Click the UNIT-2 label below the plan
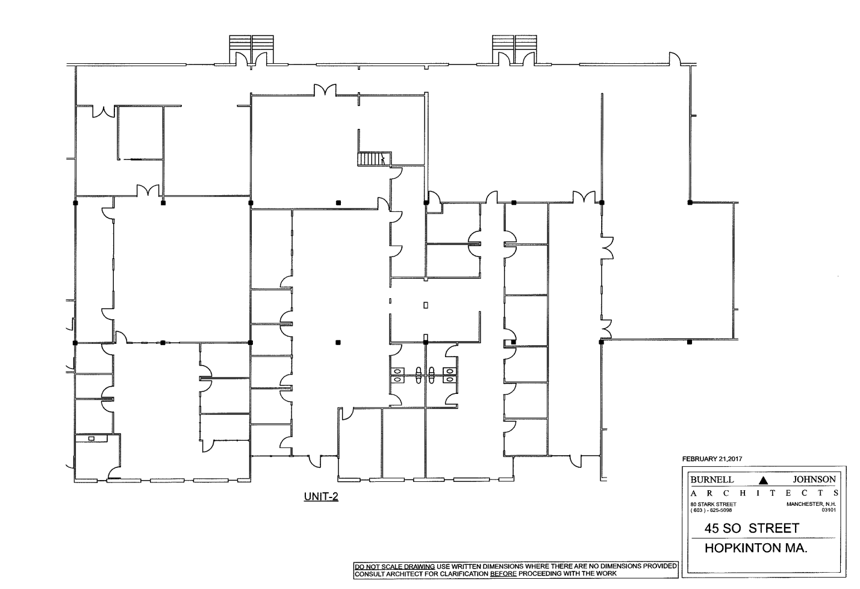click(321, 496)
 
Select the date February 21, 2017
click(712, 459)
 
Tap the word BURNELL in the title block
click(712, 479)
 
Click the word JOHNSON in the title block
click(814, 479)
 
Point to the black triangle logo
click(763, 480)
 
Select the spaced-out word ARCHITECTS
click(764, 493)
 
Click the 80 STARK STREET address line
click(713, 504)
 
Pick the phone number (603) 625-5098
click(711, 510)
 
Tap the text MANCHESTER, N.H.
click(811, 504)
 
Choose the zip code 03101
click(829, 510)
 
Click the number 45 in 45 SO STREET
click(711, 528)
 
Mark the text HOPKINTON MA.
click(756, 548)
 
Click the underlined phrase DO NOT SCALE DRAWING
click(394, 566)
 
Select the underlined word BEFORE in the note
click(503, 573)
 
